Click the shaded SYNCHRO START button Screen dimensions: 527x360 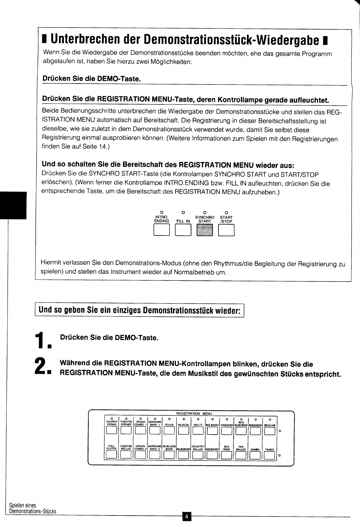pyautogui.click(x=205, y=230)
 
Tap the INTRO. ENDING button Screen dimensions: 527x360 pyautogui.click(x=161, y=230)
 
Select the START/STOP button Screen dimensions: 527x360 pyautogui.click(x=226, y=230)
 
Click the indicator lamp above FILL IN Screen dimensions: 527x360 pyautogui.click(x=183, y=212)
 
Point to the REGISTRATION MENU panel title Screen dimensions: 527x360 pyautogui.click(x=194, y=413)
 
